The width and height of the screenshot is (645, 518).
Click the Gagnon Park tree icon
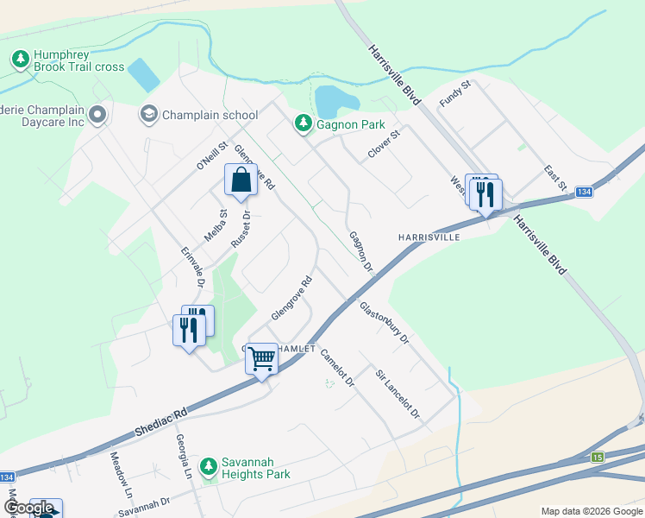pyautogui.click(x=303, y=124)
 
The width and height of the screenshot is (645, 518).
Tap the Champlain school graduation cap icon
pyautogui.click(x=149, y=114)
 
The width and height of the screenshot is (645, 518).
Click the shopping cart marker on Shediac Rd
pyautogui.click(x=261, y=357)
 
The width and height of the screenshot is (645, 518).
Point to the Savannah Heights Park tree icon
pyautogui.click(x=208, y=467)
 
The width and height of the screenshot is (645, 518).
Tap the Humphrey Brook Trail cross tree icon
pyautogui.click(x=20, y=60)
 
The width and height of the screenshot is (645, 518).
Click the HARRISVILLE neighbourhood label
pyautogui.click(x=428, y=237)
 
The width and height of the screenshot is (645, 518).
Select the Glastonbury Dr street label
pyautogui.click(x=384, y=323)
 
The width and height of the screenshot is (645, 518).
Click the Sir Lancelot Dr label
pyautogui.click(x=397, y=395)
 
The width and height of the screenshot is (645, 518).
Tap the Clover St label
pyautogui.click(x=385, y=143)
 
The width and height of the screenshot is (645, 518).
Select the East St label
pyautogui.click(x=555, y=179)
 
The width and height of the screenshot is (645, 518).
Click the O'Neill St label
pyautogui.click(x=210, y=155)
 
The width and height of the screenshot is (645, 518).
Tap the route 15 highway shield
pyautogui.click(x=598, y=456)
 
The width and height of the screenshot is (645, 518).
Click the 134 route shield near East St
pyautogui.click(x=584, y=192)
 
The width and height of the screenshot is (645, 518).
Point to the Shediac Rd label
pyautogui.click(x=160, y=422)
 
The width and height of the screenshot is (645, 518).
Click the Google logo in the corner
pyautogui.click(x=29, y=509)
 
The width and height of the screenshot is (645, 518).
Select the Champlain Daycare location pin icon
pyautogui.click(x=97, y=115)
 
